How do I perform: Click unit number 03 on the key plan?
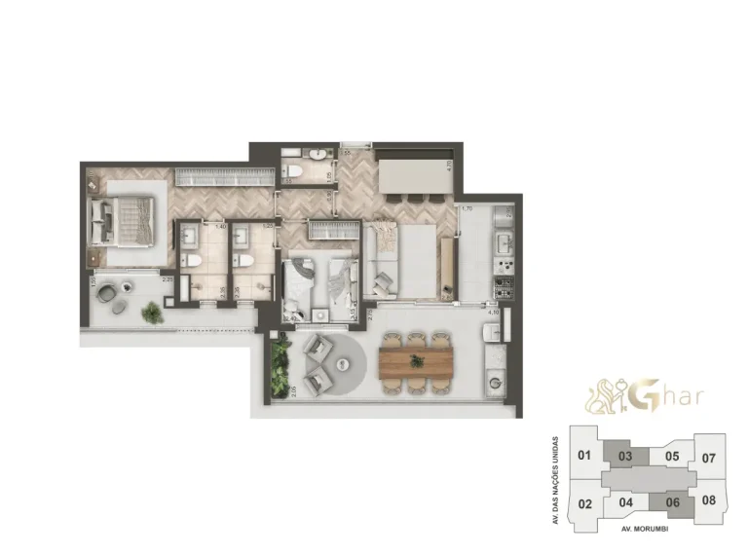pyautogui.click(x=626, y=455)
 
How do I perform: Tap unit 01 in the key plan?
pyautogui.click(x=584, y=455)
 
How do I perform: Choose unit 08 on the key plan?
pyautogui.click(x=708, y=501)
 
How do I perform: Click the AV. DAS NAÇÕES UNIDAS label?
pyautogui.click(x=554, y=479)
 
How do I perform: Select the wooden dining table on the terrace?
pyautogui.click(x=417, y=362)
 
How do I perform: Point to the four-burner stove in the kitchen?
pyautogui.click(x=505, y=286)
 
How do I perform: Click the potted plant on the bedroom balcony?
pyautogui.click(x=151, y=312)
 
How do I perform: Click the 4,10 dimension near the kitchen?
pyautogui.click(x=494, y=312)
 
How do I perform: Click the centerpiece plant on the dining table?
pyautogui.click(x=417, y=361)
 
